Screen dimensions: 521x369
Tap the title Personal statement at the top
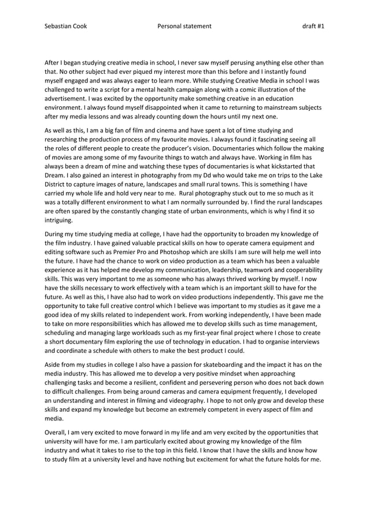click(x=184, y=26)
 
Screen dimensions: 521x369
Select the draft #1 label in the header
click(x=313, y=26)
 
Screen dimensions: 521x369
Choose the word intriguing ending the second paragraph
click(x=59, y=220)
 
